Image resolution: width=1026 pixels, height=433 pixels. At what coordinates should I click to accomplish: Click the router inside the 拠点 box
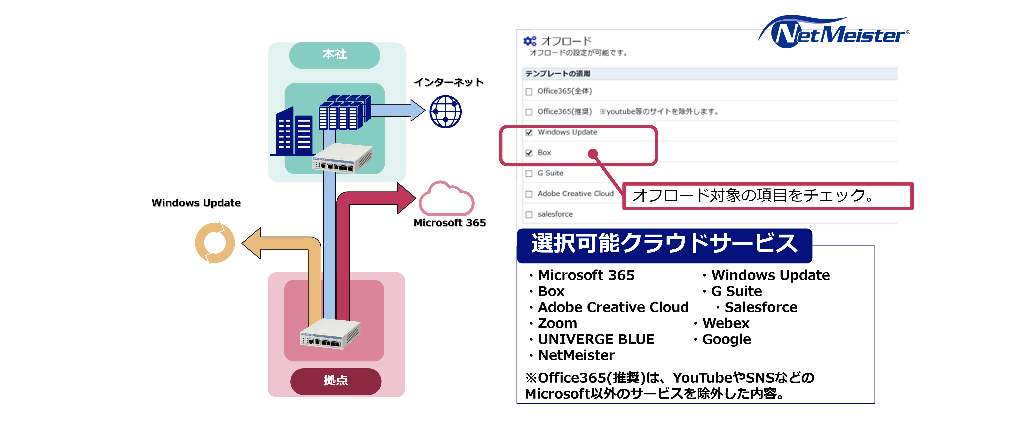pyautogui.click(x=330, y=334)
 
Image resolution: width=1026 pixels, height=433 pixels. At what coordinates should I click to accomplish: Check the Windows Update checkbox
pyautogui.click(x=529, y=133)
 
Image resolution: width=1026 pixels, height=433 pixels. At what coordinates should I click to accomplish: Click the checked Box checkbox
pyautogui.click(x=529, y=153)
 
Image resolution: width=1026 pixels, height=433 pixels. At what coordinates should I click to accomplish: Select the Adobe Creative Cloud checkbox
pyautogui.click(x=529, y=194)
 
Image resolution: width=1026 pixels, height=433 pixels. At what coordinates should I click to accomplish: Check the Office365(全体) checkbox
pyautogui.click(x=529, y=92)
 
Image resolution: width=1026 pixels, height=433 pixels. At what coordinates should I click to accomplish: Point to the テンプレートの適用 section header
pyautogui.click(x=558, y=74)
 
